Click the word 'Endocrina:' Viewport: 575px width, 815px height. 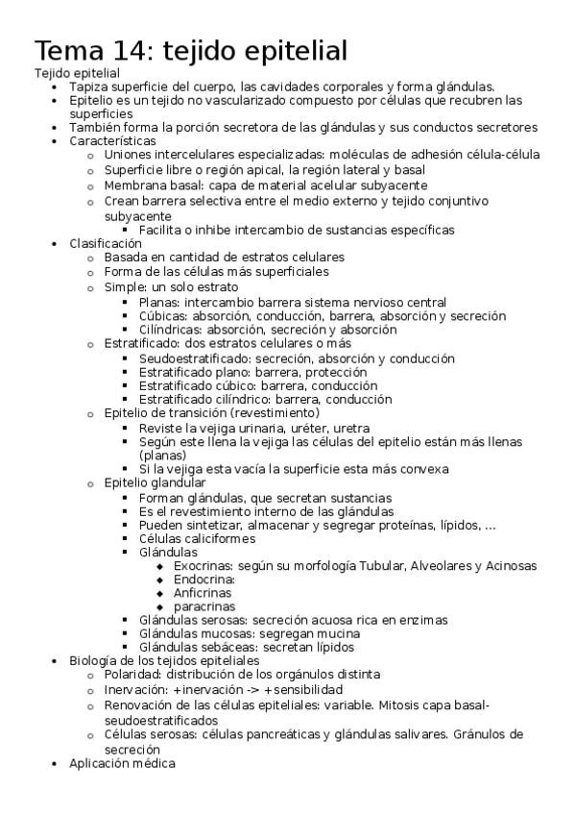pyautogui.click(x=204, y=580)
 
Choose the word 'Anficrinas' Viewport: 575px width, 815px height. pyautogui.click(x=203, y=593)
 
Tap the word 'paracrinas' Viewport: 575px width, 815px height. pyautogui.click(x=204, y=607)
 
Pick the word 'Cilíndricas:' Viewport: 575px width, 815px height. pyautogui.click(x=173, y=330)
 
